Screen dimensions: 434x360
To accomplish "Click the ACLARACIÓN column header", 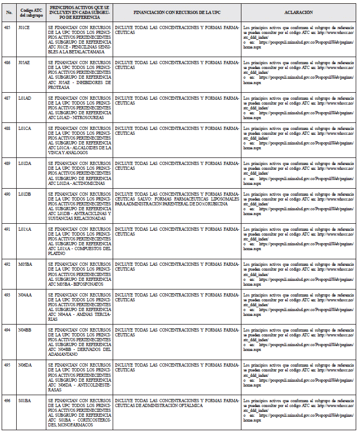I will coord(298,12).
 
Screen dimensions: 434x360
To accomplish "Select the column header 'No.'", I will coord(9,12).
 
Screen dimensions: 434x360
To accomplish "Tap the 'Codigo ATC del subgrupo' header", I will coord(30,12).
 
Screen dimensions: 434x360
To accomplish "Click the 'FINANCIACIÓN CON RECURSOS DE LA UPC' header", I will coord(177,12).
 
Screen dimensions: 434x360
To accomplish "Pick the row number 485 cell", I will coord(8,26).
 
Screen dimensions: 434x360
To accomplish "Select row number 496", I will coord(8,400).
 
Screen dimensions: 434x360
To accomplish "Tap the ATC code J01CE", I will coord(24,26).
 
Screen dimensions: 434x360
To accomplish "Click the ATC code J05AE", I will coord(24,63).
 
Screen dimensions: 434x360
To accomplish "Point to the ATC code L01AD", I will coord(25,98).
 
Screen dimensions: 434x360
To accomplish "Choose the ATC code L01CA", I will coord(25,129).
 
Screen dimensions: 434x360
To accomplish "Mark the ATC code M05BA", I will coord(25,264).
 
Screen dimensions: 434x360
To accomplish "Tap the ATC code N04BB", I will coord(25,329).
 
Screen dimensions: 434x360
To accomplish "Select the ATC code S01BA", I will coord(25,400).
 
